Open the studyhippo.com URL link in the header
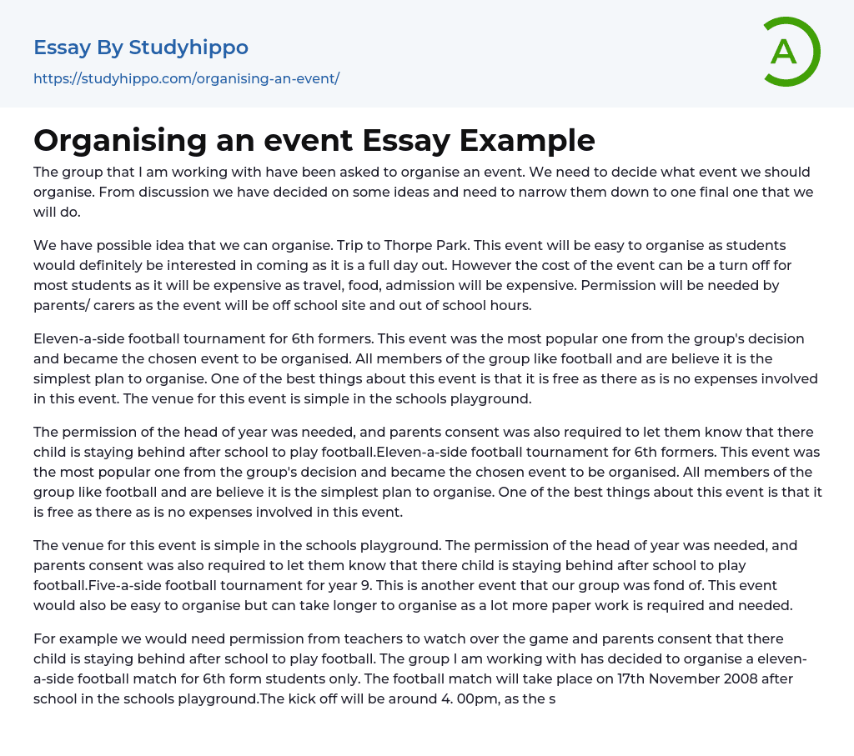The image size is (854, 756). tap(186, 78)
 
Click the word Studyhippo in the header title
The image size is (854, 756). tap(188, 48)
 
